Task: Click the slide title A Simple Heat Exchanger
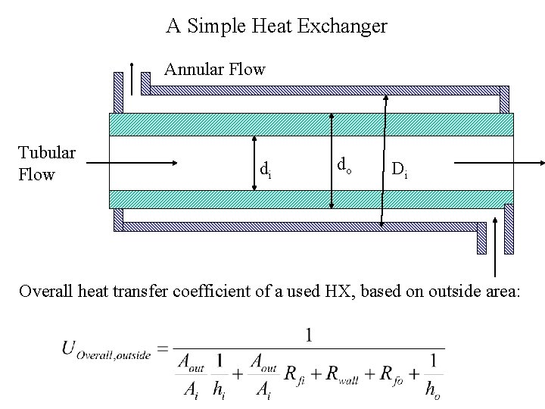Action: [276, 27]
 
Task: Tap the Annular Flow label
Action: [215, 70]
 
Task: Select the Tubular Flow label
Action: [47, 164]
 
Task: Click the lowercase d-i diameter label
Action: [266, 169]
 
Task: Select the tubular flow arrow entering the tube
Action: [132, 163]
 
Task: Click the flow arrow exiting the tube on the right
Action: [500, 163]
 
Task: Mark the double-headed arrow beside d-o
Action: [332, 161]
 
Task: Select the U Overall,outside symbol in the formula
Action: [106, 350]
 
